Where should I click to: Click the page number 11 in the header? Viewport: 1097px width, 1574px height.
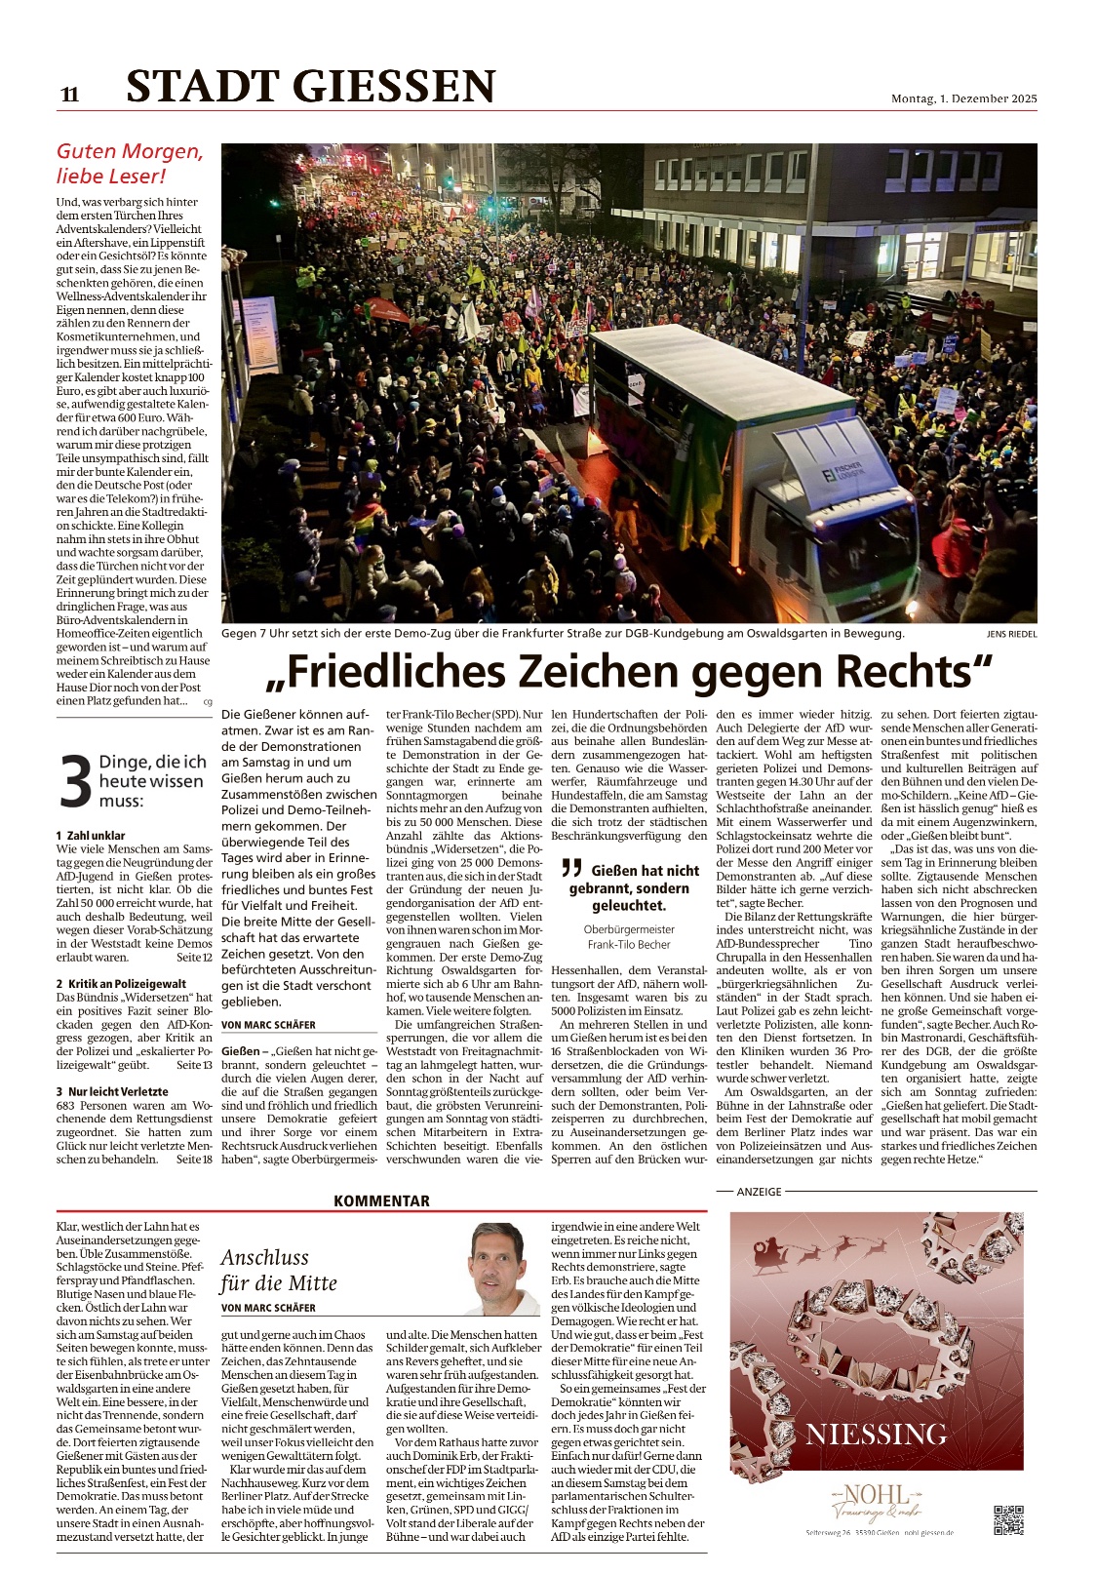69,95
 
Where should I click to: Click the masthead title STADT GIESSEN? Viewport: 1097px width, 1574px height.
311,87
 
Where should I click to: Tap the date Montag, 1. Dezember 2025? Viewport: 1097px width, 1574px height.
963,98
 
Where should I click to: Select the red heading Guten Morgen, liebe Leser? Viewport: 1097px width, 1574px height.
130,164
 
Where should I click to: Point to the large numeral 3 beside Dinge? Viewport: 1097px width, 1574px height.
75,783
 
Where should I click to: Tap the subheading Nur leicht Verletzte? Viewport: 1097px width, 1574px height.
118,1091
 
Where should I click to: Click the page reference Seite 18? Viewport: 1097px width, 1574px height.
194,1160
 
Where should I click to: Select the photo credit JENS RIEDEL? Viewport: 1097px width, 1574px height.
1011,635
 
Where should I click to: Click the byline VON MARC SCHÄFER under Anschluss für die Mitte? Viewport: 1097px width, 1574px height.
268,1308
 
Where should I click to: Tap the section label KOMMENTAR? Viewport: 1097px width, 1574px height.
381,1201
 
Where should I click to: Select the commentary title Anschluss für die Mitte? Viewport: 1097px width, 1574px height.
279,1270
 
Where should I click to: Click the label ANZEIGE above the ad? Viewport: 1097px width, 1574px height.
759,1192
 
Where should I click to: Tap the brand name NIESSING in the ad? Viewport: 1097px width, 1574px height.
876,1435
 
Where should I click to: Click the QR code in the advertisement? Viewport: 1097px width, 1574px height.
1008,1520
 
